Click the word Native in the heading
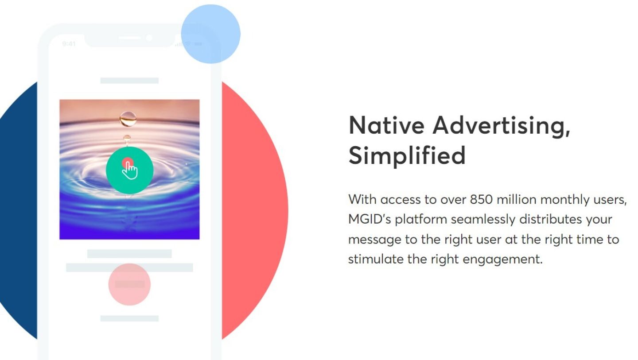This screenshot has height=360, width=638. tap(386, 125)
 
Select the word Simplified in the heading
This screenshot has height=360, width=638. tap(407, 155)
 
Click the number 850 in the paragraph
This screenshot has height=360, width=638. tap(481, 199)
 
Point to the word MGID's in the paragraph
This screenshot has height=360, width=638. tap(370, 219)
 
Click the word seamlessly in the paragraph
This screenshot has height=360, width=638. tap(483, 220)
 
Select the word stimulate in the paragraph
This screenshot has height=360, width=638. tap(376, 259)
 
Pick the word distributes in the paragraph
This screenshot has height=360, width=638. tap(551, 219)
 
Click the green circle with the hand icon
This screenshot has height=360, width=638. tap(129, 170)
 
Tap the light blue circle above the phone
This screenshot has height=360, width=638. tap(211, 34)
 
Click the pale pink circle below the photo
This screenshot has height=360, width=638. tap(129, 284)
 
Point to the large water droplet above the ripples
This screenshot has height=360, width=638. tap(128, 119)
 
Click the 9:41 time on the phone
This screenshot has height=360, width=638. tap(69, 44)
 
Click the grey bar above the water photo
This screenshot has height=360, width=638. tap(129, 81)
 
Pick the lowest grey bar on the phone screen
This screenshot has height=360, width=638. tap(129, 318)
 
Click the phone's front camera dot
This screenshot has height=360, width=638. tap(149, 38)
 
